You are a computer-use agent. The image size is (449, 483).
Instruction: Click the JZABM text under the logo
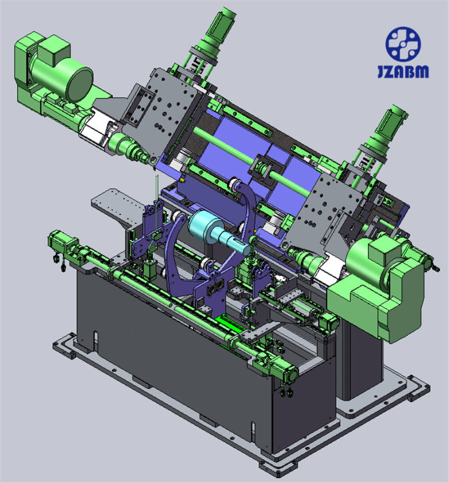pos(403,71)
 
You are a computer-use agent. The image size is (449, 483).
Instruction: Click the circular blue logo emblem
pos(403,44)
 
